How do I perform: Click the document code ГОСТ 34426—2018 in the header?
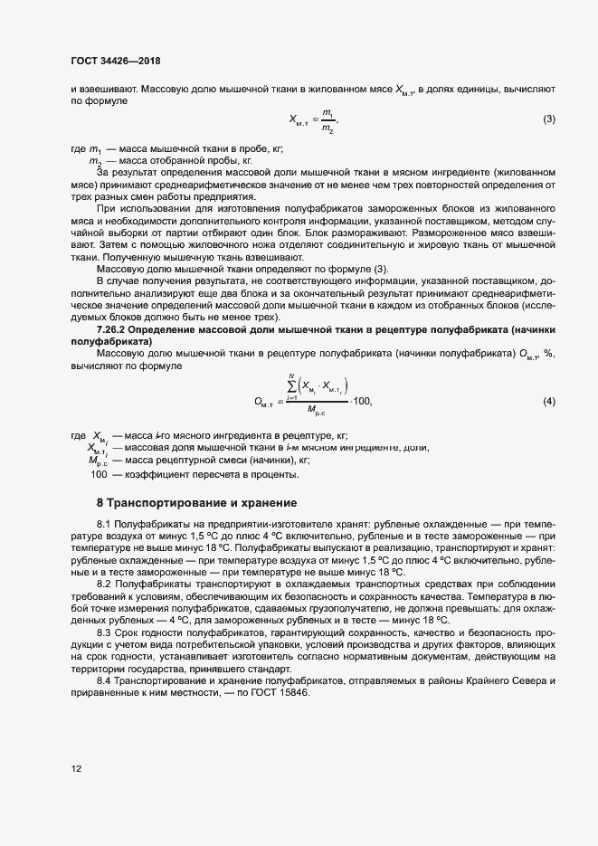[x=115, y=61]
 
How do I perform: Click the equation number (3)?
[x=548, y=119]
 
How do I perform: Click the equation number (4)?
[x=548, y=401]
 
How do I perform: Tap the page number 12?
[x=76, y=768]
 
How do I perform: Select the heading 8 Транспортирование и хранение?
[x=196, y=502]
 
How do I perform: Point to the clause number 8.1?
[x=108, y=525]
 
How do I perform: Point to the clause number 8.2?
[x=108, y=584]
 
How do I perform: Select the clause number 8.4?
[x=108, y=679]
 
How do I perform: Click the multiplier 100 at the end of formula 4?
[x=361, y=401]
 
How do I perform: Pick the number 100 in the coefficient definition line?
[x=99, y=474]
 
